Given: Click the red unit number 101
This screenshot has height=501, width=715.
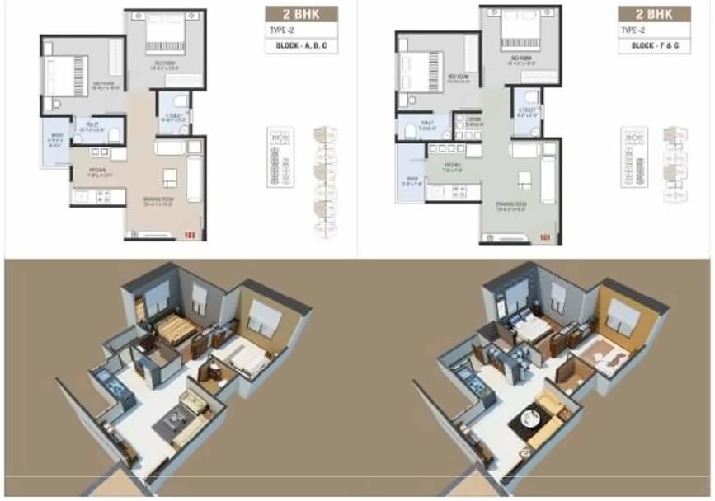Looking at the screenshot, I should coord(544,239).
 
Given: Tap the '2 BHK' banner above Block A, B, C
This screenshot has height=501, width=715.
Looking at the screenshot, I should coord(301,14).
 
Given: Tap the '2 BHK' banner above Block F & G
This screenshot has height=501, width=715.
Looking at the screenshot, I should coord(654,14).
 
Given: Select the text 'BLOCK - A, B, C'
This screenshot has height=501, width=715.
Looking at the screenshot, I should coord(301,46).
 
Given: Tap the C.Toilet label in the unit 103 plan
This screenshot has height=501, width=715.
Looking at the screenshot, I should coord(175,117).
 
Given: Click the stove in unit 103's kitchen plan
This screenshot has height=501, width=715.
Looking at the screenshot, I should coord(105,196).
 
